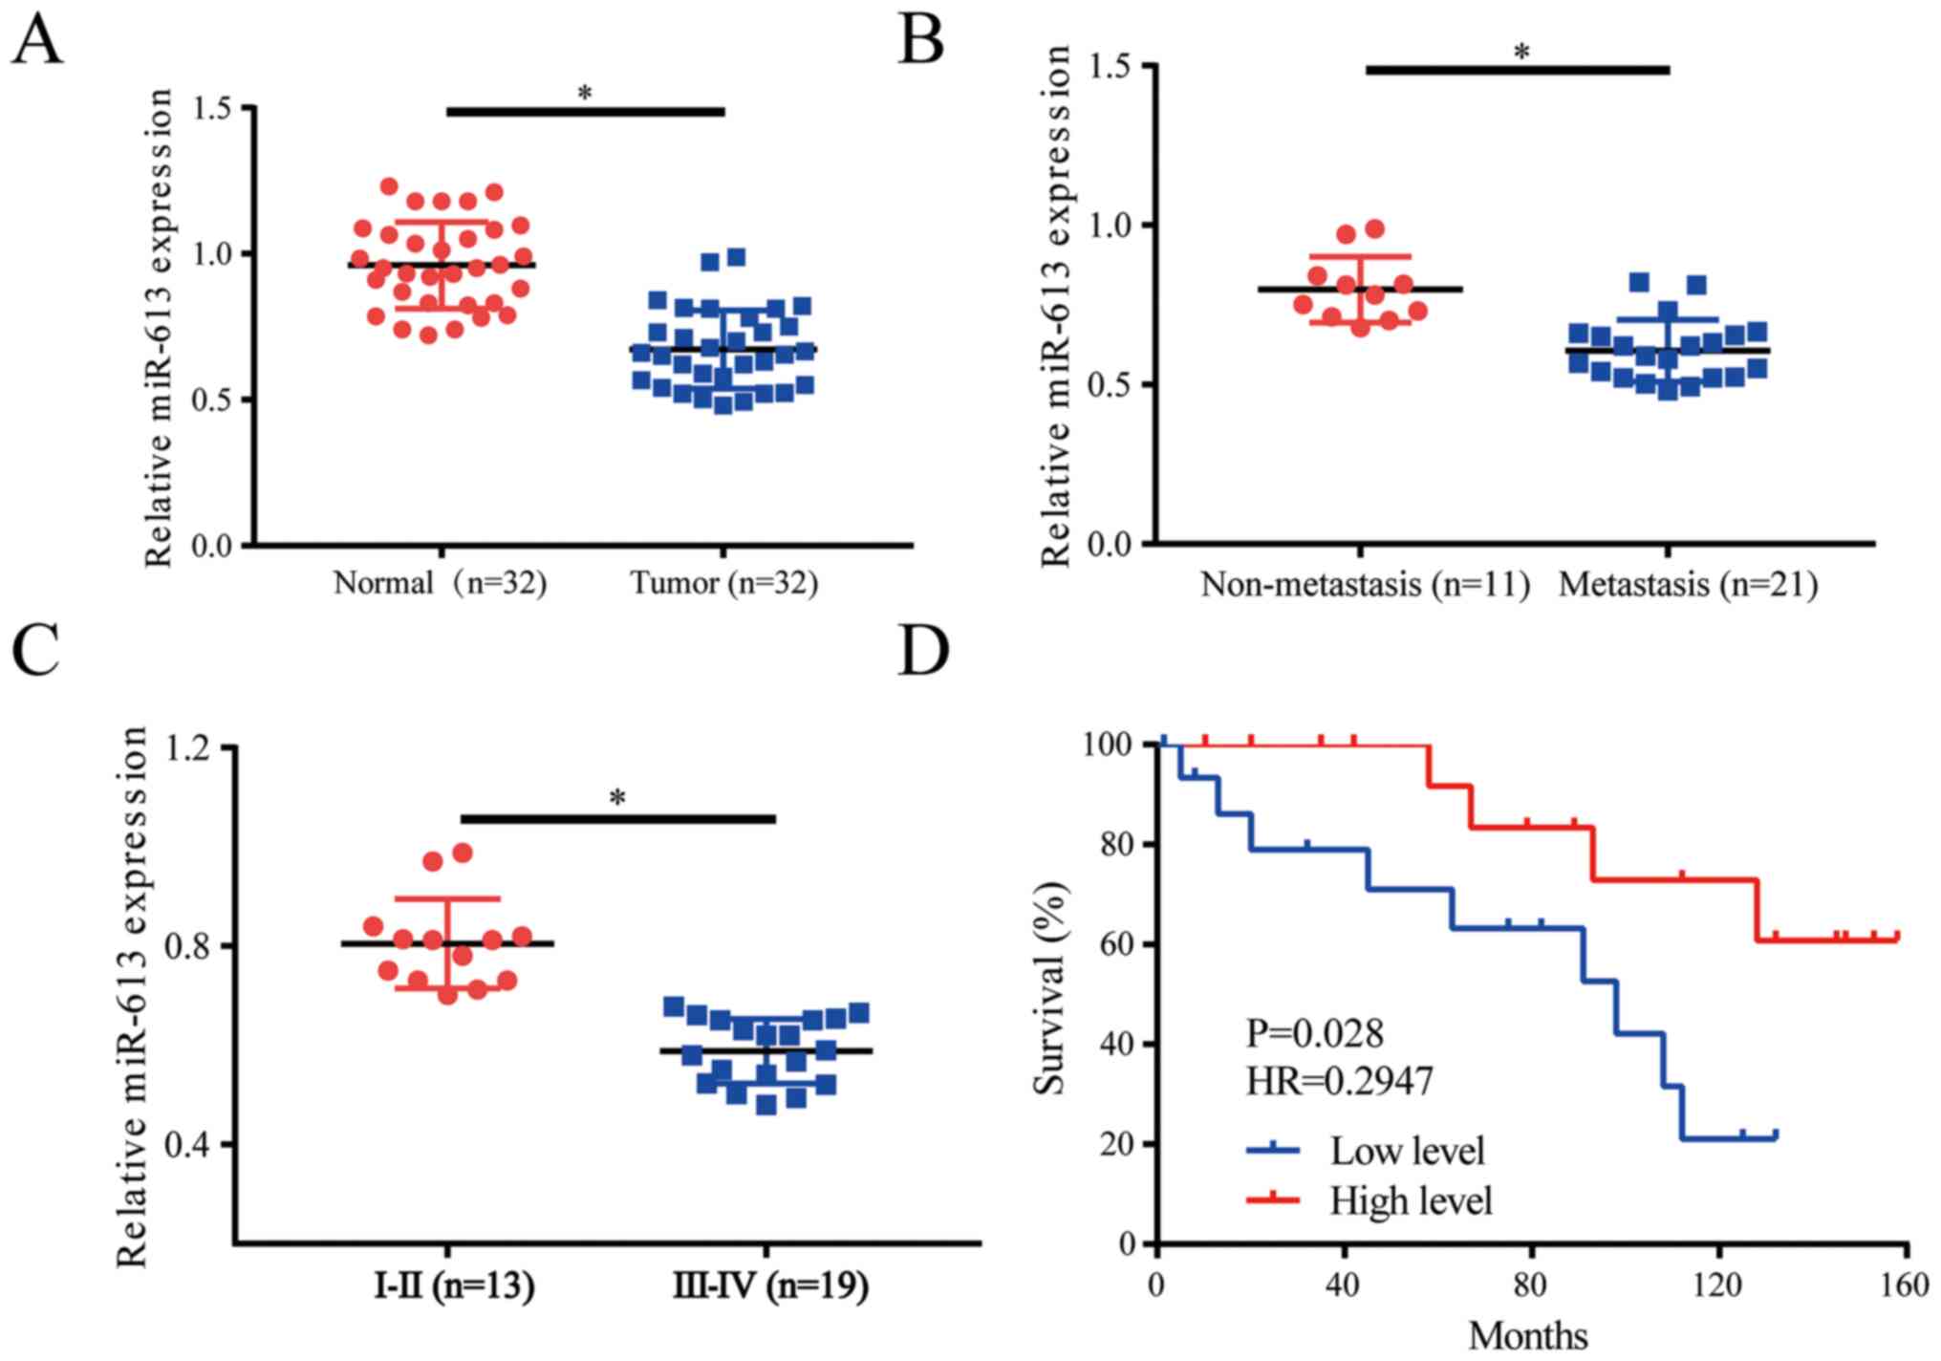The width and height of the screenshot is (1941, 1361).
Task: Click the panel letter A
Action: pos(37,41)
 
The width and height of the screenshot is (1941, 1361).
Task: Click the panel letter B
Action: pos(921,41)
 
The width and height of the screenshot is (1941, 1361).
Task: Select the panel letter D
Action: pos(924,651)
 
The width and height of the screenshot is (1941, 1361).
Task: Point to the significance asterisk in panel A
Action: pos(585,94)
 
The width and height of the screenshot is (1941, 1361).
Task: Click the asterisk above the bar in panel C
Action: pos(618,798)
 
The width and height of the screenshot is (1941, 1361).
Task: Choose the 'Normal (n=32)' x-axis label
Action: pos(440,582)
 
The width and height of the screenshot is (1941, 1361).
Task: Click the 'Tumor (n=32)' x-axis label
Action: pos(724,582)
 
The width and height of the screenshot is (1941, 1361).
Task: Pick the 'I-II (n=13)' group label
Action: pos(454,1286)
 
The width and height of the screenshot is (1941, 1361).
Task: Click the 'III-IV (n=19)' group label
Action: pos(770,1286)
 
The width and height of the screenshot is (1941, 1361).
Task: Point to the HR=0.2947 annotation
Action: pos(1339,1081)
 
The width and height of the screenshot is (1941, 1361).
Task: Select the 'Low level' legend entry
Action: pos(1407,1151)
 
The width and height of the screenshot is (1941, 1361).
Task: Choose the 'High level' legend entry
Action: pos(1411,1199)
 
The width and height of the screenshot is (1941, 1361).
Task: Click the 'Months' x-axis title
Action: pos(1528,1335)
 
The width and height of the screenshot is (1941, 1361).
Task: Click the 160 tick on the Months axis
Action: pos(1906,1285)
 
